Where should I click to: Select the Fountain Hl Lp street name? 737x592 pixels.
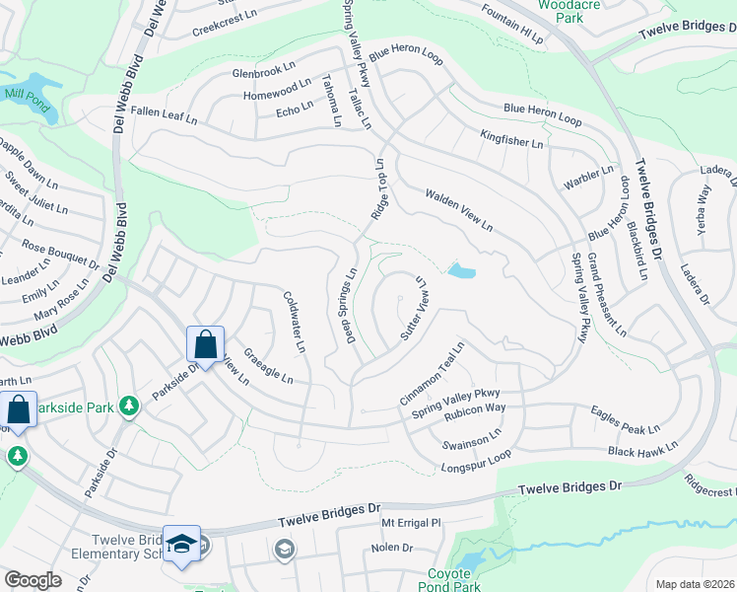(x=512, y=25)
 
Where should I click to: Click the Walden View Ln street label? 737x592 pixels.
(x=458, y=210)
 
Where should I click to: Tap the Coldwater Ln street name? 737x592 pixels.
(x=294, y=322)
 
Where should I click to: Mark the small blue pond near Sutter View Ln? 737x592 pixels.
(x=460, y=270)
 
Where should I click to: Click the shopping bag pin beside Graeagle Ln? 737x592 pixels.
(x=205, y=345)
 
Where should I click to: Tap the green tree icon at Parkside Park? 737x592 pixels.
(x=128, y=406)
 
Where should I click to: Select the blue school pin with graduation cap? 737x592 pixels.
(x=181, y=545)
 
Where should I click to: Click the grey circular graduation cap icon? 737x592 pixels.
(x=285, y=549)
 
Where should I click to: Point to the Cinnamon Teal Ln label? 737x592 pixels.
(x=432, y=374)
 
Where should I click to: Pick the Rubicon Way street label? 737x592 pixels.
(x=475, y=407)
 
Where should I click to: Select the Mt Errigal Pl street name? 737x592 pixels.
(x=414, y=523)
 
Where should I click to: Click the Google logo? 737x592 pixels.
(x=33, y=580)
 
